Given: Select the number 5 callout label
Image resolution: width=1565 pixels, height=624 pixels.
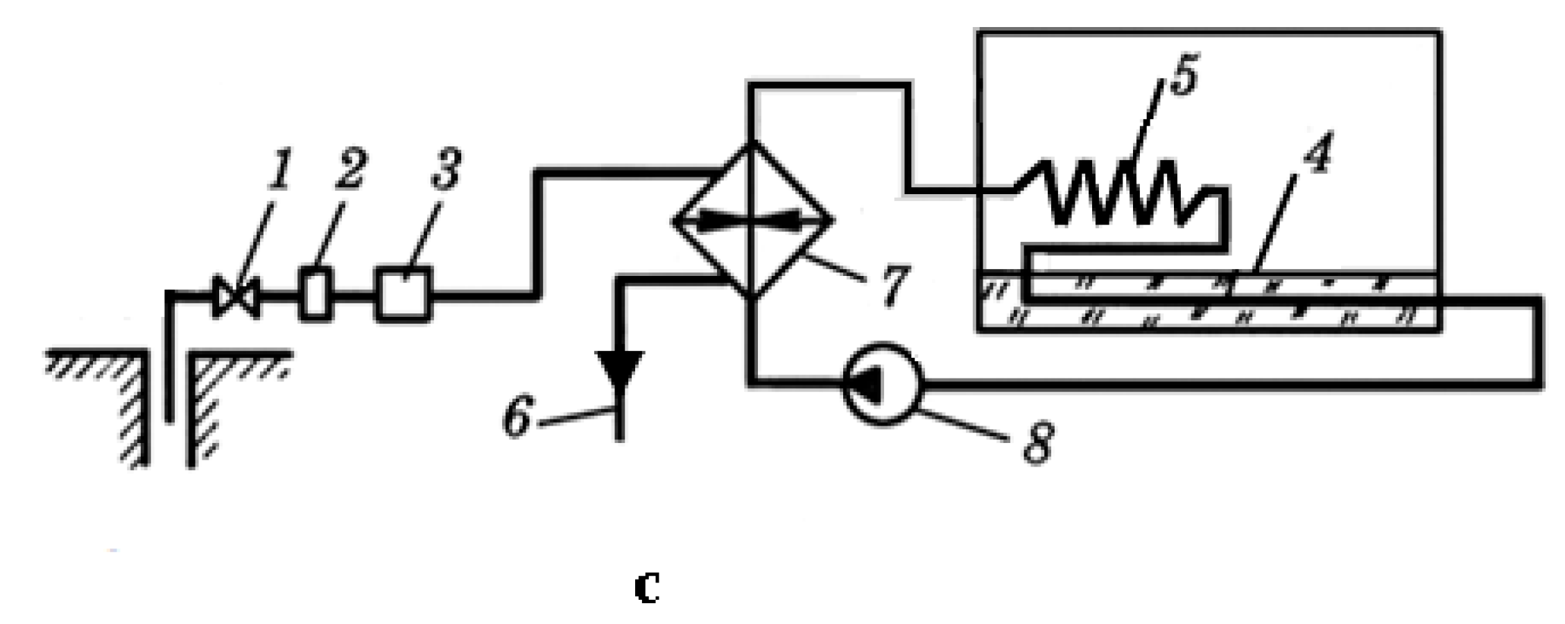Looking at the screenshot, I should point(1183,76).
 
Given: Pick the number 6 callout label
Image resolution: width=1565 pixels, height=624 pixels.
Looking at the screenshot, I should point(517,417).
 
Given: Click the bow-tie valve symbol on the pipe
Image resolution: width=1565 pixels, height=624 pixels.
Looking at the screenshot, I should point(236,297).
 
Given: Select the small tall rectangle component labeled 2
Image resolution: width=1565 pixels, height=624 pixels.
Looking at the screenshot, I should point(315,294).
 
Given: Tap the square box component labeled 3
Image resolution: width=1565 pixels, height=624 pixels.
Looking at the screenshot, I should point(403,295).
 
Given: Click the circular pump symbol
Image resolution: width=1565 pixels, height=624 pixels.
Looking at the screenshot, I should point(882,383).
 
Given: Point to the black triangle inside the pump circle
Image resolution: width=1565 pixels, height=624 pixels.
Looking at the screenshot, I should point(867,383).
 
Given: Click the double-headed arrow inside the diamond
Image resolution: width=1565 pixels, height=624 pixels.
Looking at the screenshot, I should point(753,221).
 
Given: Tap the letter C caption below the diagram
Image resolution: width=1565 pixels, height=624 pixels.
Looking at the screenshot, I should point(646,587).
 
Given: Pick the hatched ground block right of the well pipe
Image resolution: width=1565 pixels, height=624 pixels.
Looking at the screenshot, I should point(222,395).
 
